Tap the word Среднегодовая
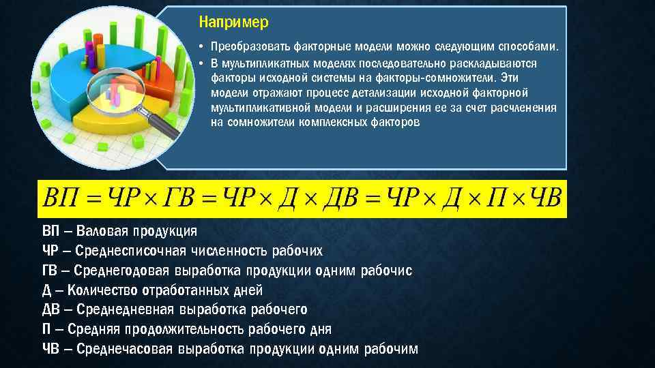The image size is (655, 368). tap(123, 271)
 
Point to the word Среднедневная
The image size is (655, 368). tap(123, 310)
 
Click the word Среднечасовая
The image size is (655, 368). tap(123, 350)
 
